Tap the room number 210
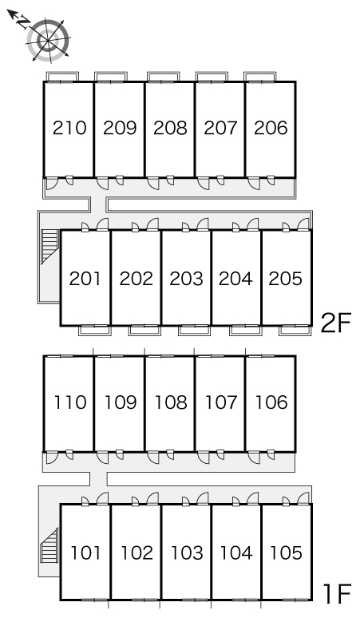pyautogui.click(x=69, y=128)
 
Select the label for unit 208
pyautogui.click(x=170, y=128)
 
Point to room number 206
pyautogui.click(x=271, y=128)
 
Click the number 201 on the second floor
pyautogui.click(x=85, y=279)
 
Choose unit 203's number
pyautogui.click(x=186, y=279)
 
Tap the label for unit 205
pyautogui.click(x=286, y=279)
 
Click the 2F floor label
pyautogui.click(x=335, y=323)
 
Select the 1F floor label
pyautogui.click(x=337, y=594)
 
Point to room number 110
pyautogui.click(x=69, y=402)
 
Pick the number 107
pyautogui.click(x=221, y=402)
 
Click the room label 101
pyautogui.click(x=86, y=553)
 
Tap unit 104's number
pyautogui.click(x=236, y=553)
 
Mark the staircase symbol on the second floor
pyautogui.click(x=50, y=247)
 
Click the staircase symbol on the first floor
pyautogui.click(x=49, y=545)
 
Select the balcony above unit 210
pyautogui.click(x=62, y=77)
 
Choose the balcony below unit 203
pyautogui.click(x=194, y=331)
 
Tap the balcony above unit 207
pyautogui.click(x=212, y=77)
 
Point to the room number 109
pyautogui.click(x=120, y=402)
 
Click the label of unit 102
pyautogui.click(x=136, y=553)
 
